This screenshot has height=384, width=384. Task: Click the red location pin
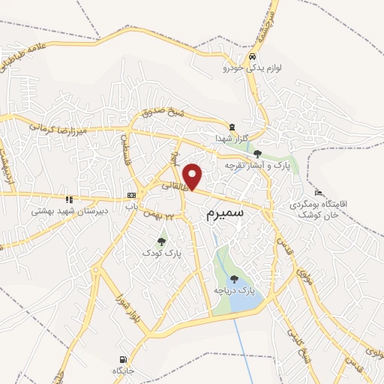193,176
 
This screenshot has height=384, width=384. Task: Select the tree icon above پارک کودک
162,241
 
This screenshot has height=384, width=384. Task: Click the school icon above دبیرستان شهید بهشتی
70,199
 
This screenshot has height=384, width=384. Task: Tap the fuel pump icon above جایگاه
122,360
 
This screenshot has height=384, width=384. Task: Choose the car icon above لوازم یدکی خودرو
253,56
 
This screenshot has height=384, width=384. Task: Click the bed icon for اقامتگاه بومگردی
318,192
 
